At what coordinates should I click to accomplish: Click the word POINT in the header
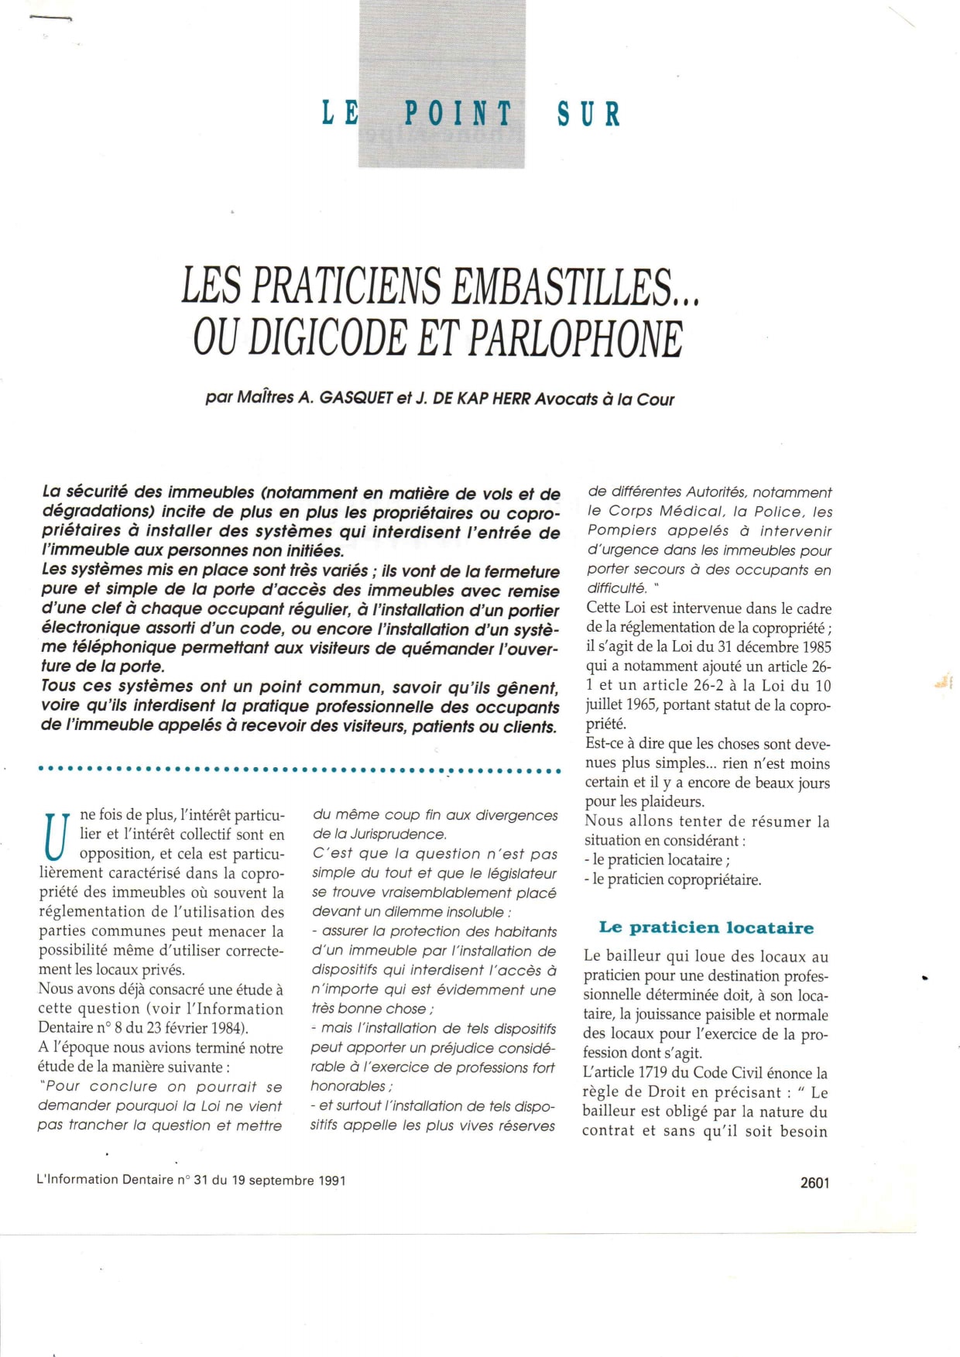click(x=458, y=115)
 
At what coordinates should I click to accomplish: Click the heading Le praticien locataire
click(x=706, y=927)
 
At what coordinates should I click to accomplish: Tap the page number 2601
click(x=814, y=1182)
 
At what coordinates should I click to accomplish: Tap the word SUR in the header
click(x=588, y=115)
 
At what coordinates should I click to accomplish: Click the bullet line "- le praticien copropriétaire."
click(x=673, y=879)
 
